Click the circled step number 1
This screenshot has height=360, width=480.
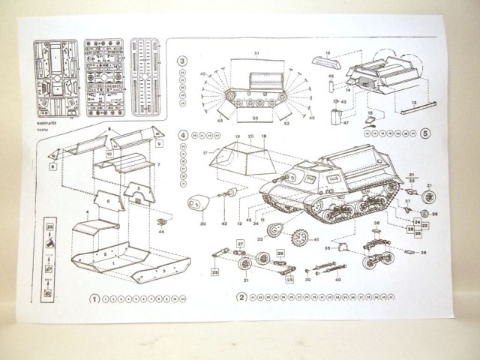pyautogui.click(x=94, y=297)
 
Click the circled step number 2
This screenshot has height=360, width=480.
pyautogui.click(x=241, y=296)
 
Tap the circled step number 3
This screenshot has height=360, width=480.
pyautogui.click(x=182, y=60)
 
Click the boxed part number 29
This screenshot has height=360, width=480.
pyautogui.click(x=280, y=253)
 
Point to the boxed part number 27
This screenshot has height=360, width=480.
pyautogui.click(x=241, y=243)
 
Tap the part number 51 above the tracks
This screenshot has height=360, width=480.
pyautogui.click(x=256, y=54)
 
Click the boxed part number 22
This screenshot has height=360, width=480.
pyautogui.click(x=423, y=224)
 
